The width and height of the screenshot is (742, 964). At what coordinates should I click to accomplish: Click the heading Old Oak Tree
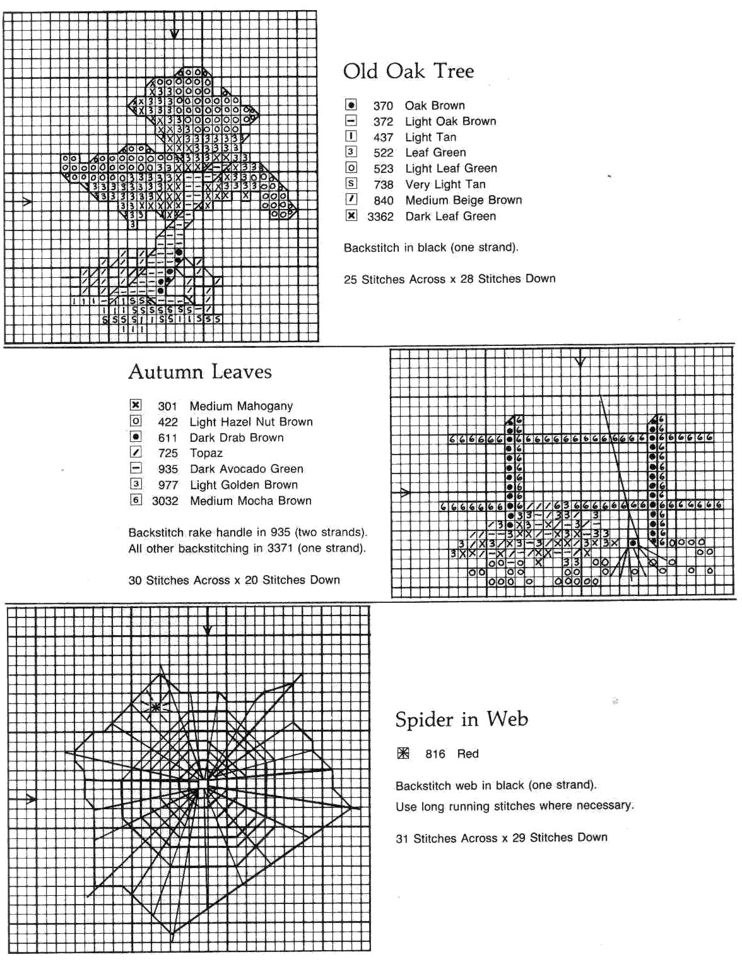coord(408,71)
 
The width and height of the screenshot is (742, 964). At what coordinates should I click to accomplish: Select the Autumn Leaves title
coord(200,372)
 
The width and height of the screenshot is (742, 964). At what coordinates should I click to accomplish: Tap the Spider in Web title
coord(461,719)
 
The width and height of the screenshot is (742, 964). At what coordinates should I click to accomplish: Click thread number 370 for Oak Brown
coord(383,106)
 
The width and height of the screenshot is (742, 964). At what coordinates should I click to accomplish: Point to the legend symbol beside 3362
coord(351,216)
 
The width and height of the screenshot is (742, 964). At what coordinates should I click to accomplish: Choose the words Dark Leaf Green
coord(450,217)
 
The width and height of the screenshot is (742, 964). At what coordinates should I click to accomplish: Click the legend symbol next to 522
coord(351,152)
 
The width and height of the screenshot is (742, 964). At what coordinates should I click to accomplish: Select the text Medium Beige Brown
coord(464,200)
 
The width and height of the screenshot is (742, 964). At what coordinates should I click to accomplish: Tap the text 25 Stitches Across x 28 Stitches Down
coord(449,279)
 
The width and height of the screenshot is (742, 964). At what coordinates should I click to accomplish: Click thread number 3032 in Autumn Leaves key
coord(165,501)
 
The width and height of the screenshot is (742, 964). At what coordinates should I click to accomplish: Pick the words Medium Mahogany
coord(241,406)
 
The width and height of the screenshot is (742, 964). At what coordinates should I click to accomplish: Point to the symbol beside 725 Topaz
coord(136,453)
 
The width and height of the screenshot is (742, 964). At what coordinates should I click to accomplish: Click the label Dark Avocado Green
coord(247,469)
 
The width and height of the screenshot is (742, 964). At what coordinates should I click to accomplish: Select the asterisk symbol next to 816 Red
coord(404,753)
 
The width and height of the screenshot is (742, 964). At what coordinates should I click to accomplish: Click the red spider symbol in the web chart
coord(155,707)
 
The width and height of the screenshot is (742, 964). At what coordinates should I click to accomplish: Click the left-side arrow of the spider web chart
coord(29,800)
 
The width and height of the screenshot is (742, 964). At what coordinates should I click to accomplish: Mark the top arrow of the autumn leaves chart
coord(580,362)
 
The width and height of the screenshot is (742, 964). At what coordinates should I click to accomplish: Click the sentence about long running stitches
coord(514,806)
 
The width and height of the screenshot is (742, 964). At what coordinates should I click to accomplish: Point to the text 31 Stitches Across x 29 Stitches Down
coord(502,838)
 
